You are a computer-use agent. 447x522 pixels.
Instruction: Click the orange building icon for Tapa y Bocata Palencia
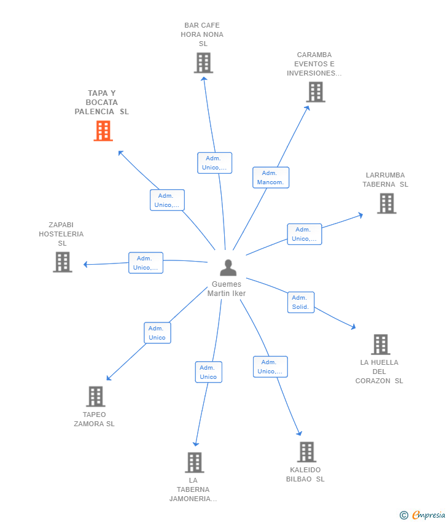tap(103, 131)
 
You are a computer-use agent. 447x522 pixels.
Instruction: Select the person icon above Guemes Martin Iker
tap(228, 268)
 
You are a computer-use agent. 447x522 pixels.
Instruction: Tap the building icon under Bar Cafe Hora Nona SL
tap(203, 63)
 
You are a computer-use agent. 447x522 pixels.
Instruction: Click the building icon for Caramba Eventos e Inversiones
tap(316, 92)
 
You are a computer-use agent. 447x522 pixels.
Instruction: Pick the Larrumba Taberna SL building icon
tap(386, 203)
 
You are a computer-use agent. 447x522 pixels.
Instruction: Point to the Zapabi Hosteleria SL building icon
tap(62, 262)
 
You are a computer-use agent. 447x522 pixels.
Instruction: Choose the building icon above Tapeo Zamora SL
tap(95, 396)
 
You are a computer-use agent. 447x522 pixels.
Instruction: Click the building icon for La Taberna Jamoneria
tap(194, 462)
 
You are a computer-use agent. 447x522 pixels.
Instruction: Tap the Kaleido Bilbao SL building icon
tap(306, 452)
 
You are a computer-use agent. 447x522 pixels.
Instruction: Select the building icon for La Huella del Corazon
tap(380, 345)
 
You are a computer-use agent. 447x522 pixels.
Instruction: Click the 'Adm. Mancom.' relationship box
tap(270, 177)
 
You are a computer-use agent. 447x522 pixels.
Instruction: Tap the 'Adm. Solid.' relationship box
tap(300, 302)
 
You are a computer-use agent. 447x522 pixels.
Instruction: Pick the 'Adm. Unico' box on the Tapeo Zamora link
tap(157, 333)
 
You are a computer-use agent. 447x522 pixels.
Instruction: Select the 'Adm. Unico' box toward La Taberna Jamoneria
tap(208, 372)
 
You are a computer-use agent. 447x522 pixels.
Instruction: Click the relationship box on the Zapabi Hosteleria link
tap(146, 263)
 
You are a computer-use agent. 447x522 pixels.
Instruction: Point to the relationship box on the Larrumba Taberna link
tap(304, 234)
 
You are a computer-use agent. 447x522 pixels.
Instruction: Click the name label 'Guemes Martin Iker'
tap(227, 289)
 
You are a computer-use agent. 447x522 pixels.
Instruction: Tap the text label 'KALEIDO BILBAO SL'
tap(305, 475)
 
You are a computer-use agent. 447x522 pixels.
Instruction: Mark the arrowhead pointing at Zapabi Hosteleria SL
tap(86, 265)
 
